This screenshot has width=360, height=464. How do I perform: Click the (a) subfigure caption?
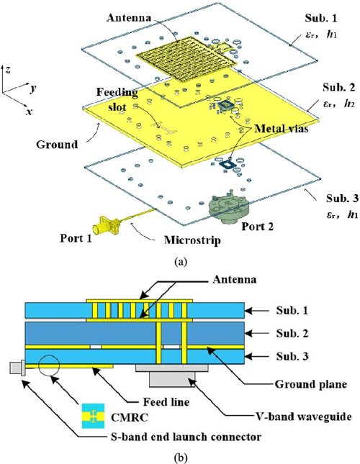(x=180, y=264)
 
